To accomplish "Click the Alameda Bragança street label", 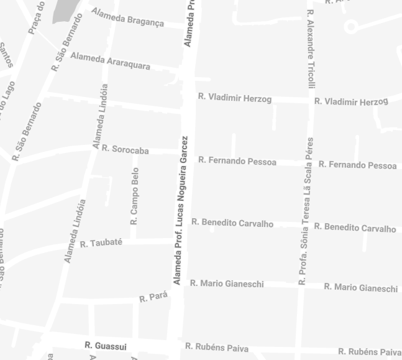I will (x=127, y=17).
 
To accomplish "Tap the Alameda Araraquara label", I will (x=110, y=60).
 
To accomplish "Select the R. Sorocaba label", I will (x=125, y=150).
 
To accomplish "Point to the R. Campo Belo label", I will (x=135, y=195).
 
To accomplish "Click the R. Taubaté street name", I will (x=101, y=243).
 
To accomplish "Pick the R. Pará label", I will (x=153, y=297).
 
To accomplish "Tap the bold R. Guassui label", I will (x=106, y=346).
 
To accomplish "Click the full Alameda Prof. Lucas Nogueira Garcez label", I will (x=181, y=210).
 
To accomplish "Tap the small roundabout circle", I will (x=350, y=26).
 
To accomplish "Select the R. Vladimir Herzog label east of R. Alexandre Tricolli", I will (x=351, y=101).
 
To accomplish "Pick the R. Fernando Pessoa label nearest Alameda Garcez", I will (x=237, y=161).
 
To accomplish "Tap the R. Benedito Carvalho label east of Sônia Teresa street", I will (x=355, y=228).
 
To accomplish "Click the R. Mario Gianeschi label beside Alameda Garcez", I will (x=227, y=284).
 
